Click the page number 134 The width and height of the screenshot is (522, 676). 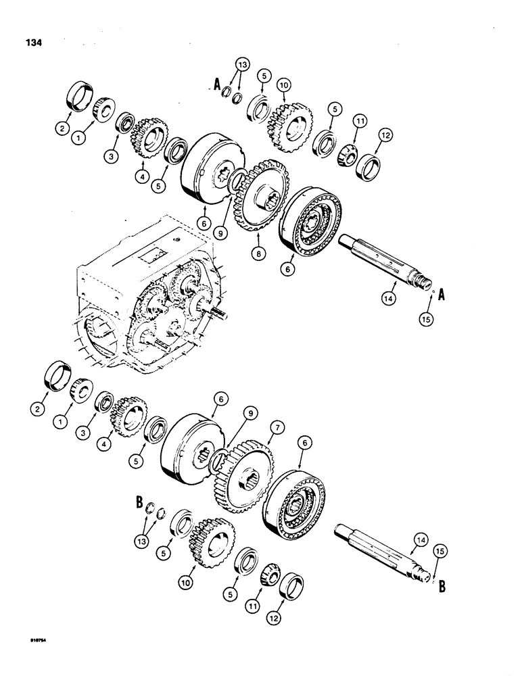(32, 42)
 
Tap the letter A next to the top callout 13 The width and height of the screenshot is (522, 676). (217, 86)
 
